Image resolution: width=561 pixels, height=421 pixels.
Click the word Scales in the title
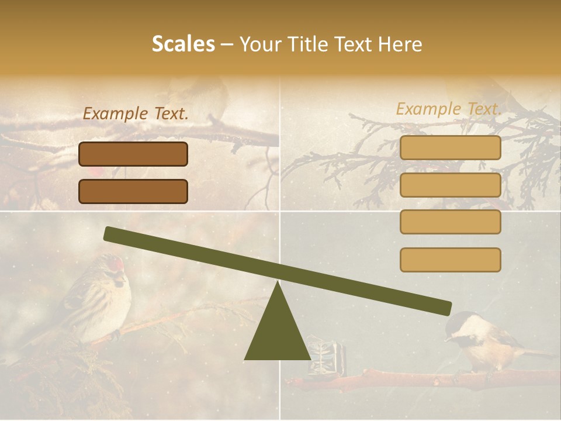tap(183, 44)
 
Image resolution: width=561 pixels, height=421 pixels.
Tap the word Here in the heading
tap(401, 44)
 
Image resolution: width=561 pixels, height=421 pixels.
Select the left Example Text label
tap(136, 114)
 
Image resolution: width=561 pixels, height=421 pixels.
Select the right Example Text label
tap(449, 109)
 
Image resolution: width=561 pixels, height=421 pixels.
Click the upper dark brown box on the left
tap(133, 154)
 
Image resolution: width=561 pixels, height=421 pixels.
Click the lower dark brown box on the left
tap(133, 191)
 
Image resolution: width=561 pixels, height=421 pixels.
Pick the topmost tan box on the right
tap(450, 148)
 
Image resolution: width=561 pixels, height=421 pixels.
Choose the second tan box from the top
tap(450, 185)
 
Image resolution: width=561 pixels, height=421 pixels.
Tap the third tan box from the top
tap(450, 222)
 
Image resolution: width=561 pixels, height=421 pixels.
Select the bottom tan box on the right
tap(450, 260)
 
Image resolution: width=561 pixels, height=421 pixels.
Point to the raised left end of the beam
tap(111, 234)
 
